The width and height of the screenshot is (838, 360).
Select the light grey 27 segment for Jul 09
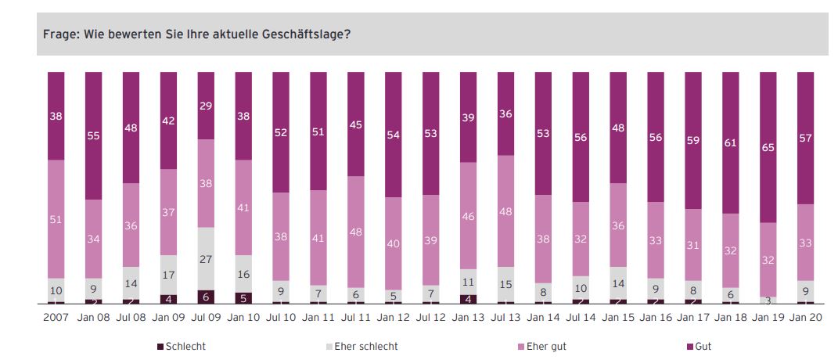click(x=206, y=259)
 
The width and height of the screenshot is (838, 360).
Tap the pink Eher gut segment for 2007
click(x=56, y=219)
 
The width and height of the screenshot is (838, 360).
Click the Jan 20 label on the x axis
click(x=804, y=319)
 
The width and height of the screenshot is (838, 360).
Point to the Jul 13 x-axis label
click(x=505, y=319)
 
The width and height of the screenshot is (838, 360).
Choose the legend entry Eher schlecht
click(x=362, y=345)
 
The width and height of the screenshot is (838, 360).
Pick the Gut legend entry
click(x=702, y=345)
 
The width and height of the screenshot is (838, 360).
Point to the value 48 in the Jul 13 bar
click(x=505, y=211)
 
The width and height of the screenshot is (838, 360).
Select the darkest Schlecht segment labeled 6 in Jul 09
click(x=206, y=297)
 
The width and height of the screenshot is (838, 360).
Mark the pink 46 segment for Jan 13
click(x=468, y=215)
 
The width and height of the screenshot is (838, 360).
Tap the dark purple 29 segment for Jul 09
click(x=206, y=106)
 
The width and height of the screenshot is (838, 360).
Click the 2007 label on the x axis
click(x=56, y=319)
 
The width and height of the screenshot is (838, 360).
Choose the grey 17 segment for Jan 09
click(x=168, y=275)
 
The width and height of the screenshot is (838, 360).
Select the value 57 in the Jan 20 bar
click(x=805, y=139)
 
